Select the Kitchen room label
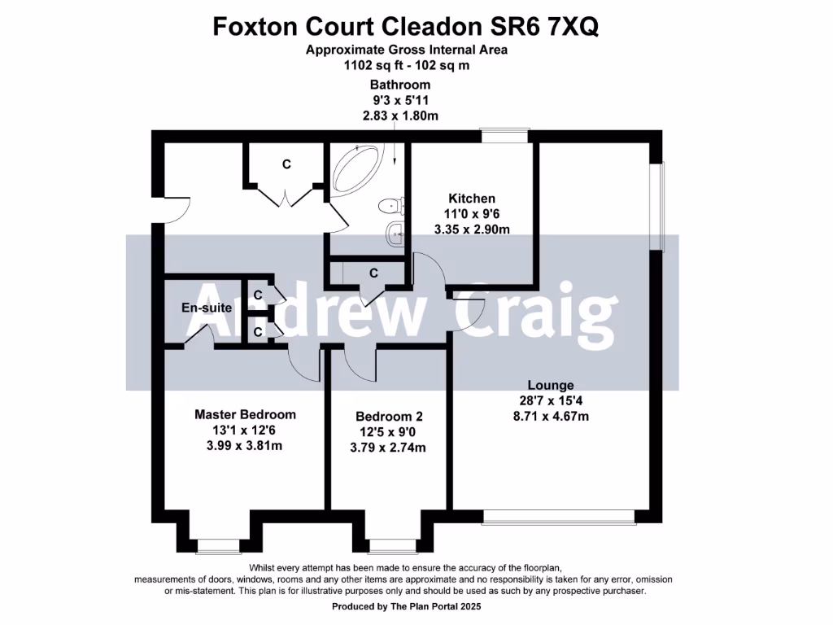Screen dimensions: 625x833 click(472, 199)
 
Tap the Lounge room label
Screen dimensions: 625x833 click(551, 385)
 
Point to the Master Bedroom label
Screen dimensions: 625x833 click(245, 414)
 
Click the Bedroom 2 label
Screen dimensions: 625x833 click(386, 414)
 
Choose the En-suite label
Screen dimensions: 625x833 click(207, 308)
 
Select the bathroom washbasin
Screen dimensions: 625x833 click(395, 234)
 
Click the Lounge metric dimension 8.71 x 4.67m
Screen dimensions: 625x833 click(551, 416)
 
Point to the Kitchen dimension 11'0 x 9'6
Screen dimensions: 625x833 click(472, 214)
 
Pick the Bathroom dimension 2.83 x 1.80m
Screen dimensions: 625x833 click(400, 116)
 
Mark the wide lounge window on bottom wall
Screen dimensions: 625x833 click(558, 515)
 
